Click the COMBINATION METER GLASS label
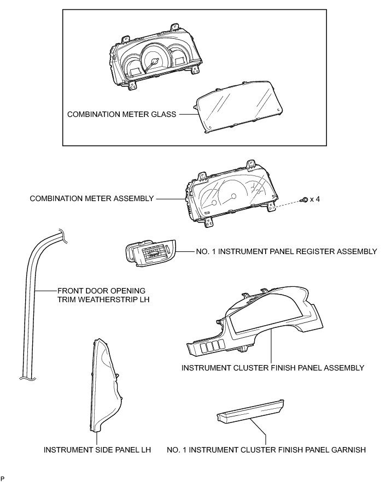tap(121, 115)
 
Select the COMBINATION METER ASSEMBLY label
tap(92, 199)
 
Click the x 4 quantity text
tap(314, 199)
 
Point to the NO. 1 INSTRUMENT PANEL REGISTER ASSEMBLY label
tap(286, 252)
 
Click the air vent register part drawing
tap(149, 252)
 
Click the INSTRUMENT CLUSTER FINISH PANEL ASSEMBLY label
tap(272, 368)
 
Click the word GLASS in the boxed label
tap(163, 115)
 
